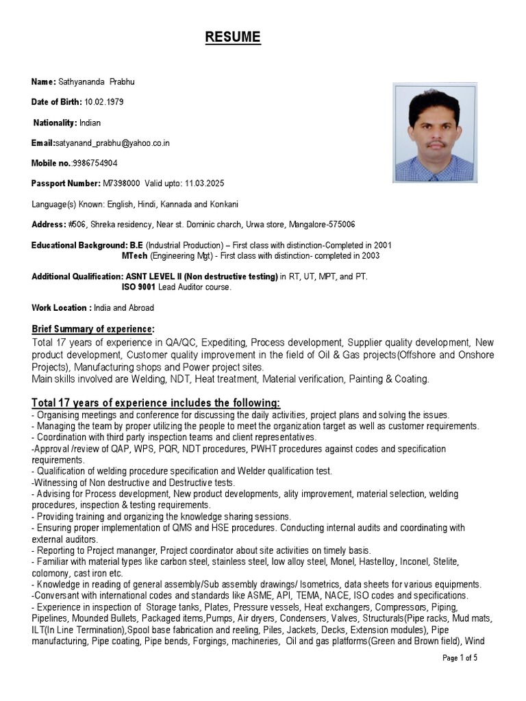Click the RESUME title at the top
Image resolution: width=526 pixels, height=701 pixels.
233,38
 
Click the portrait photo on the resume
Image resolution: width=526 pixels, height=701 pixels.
434,132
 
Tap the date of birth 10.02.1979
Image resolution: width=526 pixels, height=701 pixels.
104,102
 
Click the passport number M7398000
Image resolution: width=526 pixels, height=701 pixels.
121,184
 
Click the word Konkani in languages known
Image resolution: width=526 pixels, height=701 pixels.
221,205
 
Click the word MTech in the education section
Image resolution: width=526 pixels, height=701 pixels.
134,256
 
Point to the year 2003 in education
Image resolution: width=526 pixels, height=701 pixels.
370,256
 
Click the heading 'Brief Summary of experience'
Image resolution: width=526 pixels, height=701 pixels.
93,329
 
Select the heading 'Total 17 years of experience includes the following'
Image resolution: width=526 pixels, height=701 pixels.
156,403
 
